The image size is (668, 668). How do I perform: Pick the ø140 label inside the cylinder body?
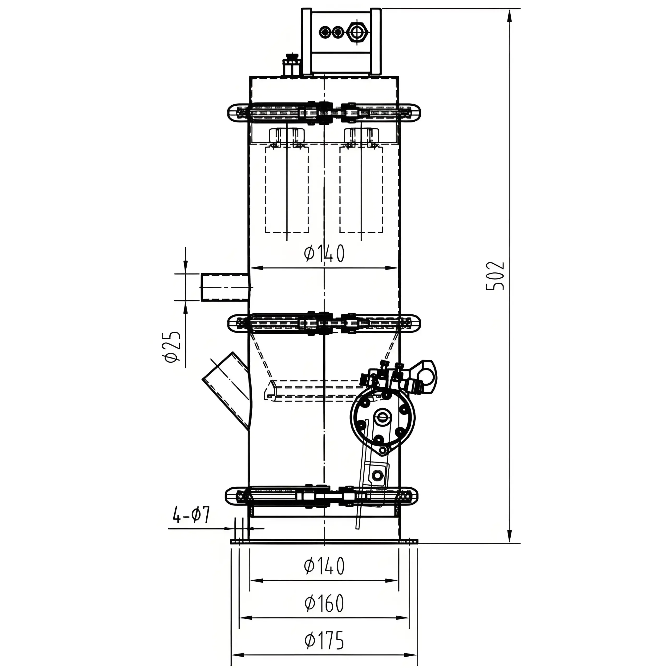click(324, 253)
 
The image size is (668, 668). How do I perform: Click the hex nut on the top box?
click(355, 32)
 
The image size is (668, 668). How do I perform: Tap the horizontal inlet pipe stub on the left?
click(225, 287)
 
